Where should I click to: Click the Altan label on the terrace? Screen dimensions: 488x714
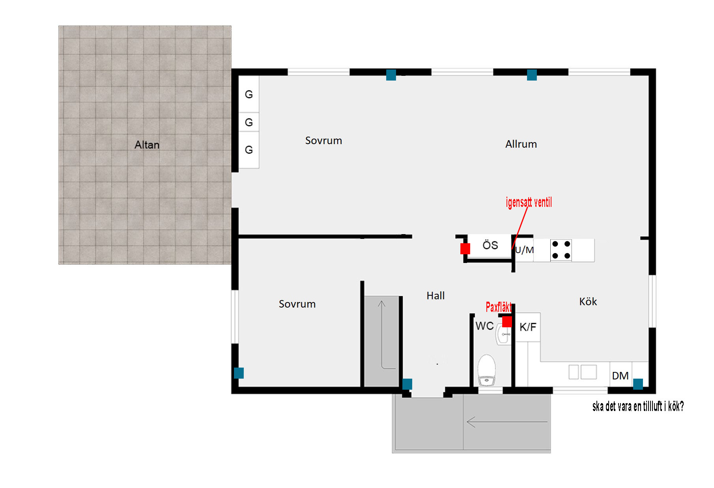147,145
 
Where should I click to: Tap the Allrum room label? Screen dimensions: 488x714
521,144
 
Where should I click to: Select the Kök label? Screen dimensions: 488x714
588,302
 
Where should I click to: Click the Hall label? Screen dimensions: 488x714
436,296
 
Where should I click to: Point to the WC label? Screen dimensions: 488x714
484,326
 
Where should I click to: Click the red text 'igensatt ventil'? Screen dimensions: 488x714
529,203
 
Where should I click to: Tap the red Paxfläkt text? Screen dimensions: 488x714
499,307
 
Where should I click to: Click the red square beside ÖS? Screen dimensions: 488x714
465,249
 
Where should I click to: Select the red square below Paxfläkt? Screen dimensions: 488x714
507,322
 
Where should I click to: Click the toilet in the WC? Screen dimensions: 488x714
487,369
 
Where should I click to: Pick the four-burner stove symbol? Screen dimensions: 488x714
561,250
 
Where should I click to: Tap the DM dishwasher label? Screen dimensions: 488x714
620,376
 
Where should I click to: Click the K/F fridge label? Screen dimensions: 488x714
528,327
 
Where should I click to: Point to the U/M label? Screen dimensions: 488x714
524,250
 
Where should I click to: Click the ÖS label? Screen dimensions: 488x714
490,245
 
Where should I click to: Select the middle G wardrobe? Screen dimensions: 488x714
249,122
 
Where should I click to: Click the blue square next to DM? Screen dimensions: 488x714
638,384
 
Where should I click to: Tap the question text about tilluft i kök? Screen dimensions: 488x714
638,406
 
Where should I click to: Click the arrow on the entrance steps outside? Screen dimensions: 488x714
507,422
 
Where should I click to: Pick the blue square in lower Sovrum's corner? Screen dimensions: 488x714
239,373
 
